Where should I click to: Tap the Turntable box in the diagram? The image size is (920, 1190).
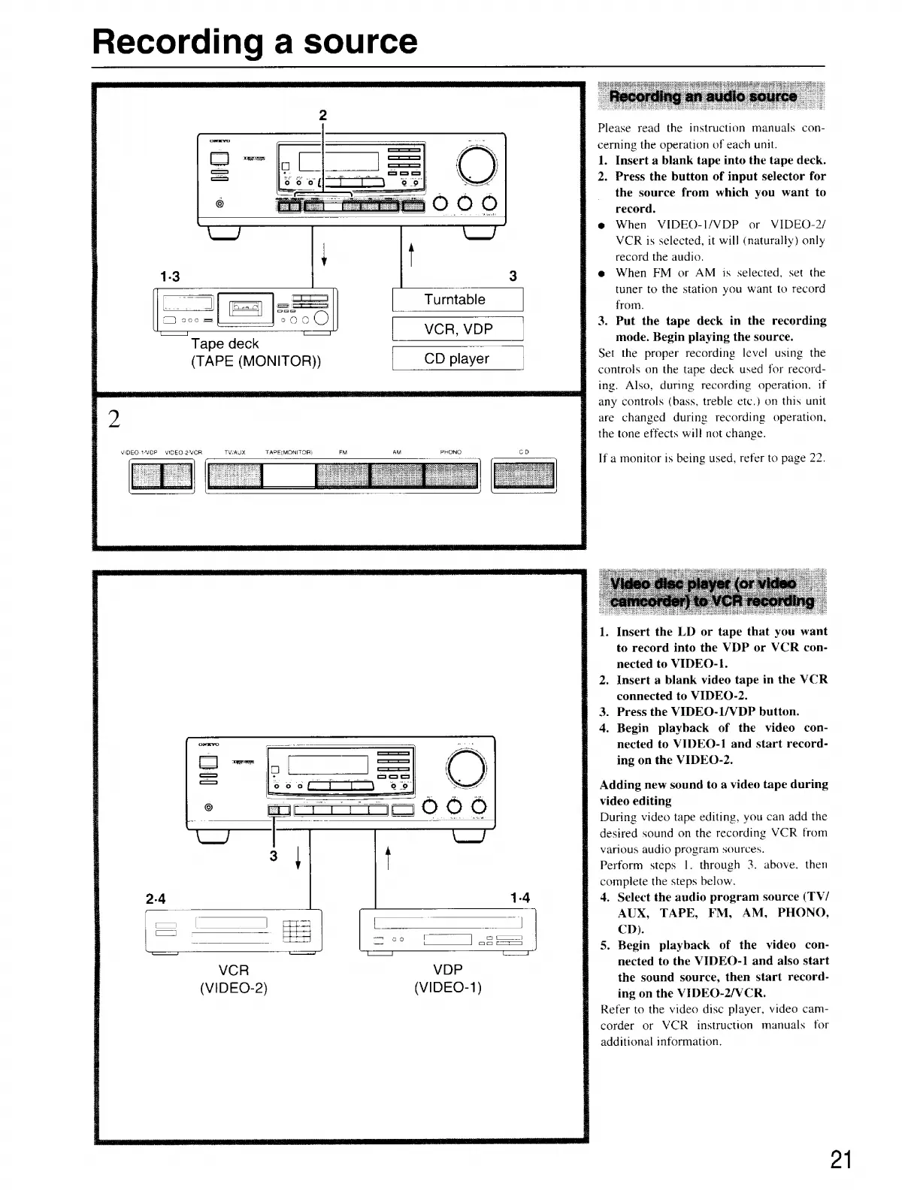pyautogui.click(x=455, y=300)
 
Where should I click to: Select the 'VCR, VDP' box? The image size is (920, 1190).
pyautogui.click(x=458, y=329)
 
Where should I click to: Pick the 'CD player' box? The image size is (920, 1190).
pyautogui.click(x=456, y=358)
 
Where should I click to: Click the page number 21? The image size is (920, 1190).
pyautogui.click(x=841, y=1160)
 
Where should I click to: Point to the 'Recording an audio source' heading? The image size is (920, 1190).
pyautogui.click(x=703, y=96)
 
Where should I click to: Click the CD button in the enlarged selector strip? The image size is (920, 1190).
pyautogui.click(x=524, y=476)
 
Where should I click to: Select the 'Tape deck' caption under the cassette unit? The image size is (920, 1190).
pyautogui.click(x=225, y=343)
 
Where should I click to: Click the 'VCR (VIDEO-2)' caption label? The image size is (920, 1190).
pyautogui.click(x=233, y=978)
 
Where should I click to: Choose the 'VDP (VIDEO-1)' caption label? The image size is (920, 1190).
pyautogui.click(x=447, y=978)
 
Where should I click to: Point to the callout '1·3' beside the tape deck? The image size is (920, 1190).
pyautogui.click(x=170, y=276)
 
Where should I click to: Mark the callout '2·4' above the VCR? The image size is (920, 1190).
pyautogui.click(x=156, y=898)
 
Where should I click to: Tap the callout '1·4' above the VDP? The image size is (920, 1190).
pyautogui.click(x=519, y=898)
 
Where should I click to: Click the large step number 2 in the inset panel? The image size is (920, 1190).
pyautogui.click(x=114, y=419)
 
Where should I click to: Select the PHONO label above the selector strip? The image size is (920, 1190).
pyautogui.click(x=450, y=452)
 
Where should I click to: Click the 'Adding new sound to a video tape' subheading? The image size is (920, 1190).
pyautogui.click(x=713, y=792)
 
